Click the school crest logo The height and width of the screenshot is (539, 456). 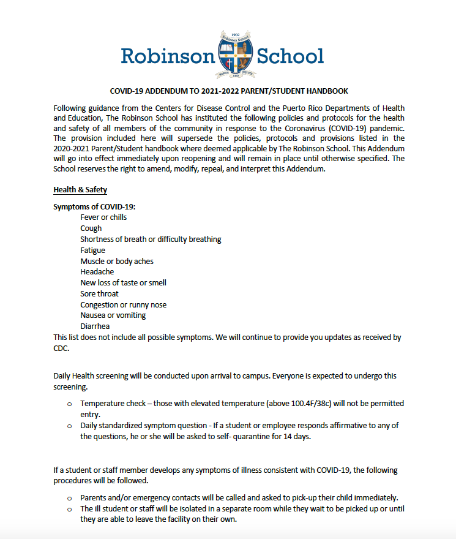[x=236, y=56]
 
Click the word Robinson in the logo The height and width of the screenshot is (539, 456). [x=168, y=56]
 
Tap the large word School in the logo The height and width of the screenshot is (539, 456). [x=290, y=56]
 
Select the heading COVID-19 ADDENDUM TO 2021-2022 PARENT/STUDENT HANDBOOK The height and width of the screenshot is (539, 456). [x=228, y=91]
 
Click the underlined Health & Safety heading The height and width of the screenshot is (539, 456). [x=80, y=190]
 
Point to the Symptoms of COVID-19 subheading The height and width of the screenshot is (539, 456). [x=90, y=206]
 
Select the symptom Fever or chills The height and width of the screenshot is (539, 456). [x=103, y=217]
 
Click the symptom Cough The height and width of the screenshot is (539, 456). [x=91, y=228]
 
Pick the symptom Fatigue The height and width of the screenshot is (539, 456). [x=92, y=250]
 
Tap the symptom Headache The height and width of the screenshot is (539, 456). [x=97, y=272]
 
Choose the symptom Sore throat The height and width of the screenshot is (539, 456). [x=99, y=294]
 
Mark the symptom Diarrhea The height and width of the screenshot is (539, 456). [x=95, y=326]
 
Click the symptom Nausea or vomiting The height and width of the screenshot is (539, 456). [x=113, y=315]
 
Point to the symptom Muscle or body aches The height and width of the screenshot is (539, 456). [x=116, y=261]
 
